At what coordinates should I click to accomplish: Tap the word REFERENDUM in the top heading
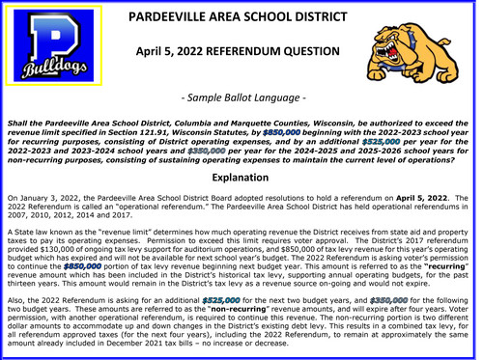pos(236,49)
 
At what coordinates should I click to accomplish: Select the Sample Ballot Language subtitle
pos(241,98)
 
